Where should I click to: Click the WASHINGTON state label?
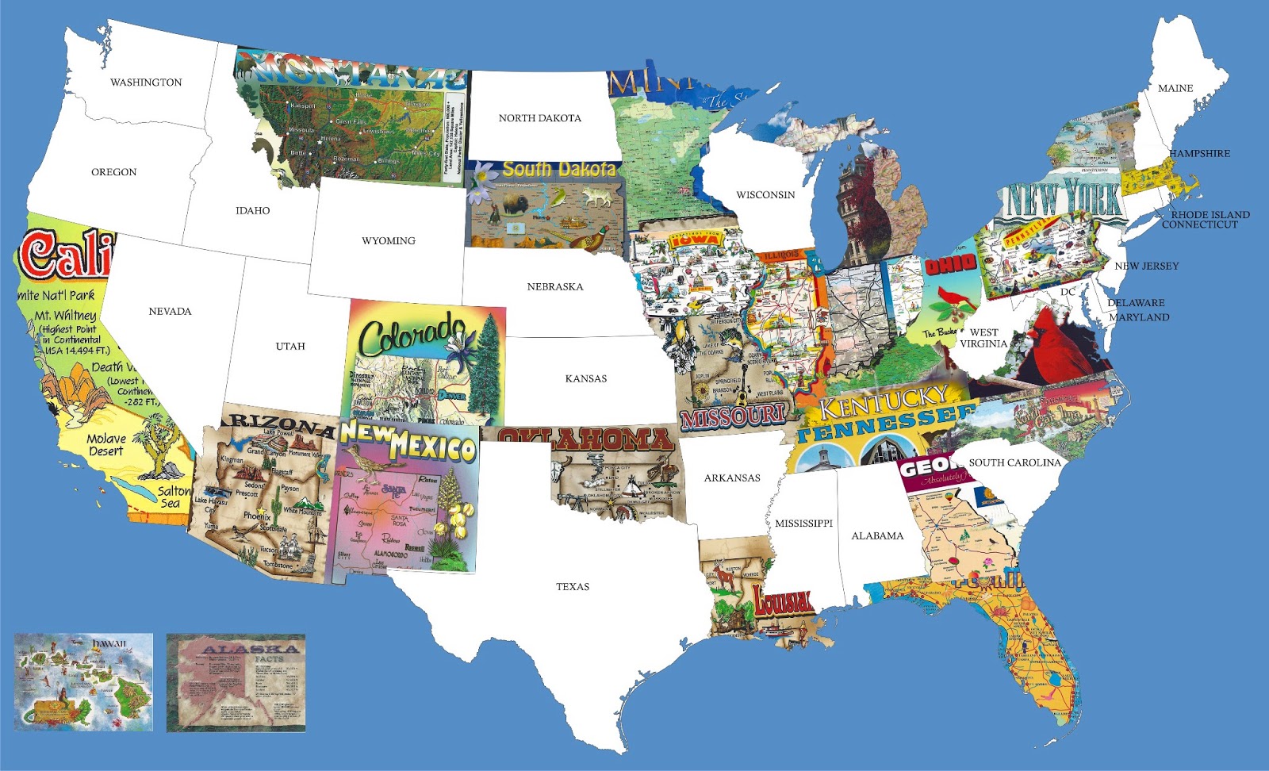pos(146,82)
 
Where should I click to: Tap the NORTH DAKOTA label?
pos(539,118)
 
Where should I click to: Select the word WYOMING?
pos(388,241)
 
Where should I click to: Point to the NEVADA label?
pos(170,312)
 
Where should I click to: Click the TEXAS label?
pos(572,587)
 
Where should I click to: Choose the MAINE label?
pos(1175,89)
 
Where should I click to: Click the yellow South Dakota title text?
pos(559,169)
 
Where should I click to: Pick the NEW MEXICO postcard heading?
pos(408,443)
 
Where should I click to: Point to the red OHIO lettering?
pos(951,265)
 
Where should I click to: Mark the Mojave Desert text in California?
pos(106,444)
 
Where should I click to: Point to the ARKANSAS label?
pos(731,478)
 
